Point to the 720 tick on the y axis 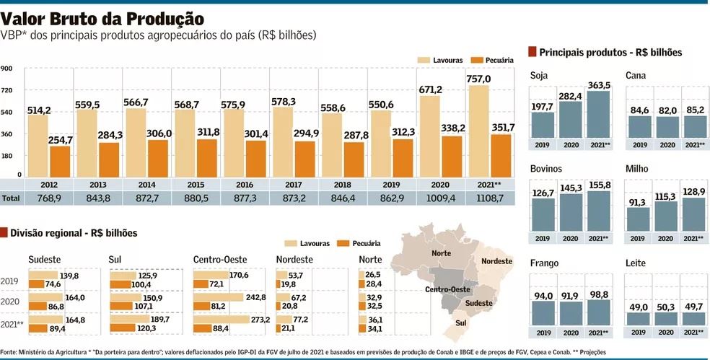(x=6, y=90)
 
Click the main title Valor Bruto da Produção (x=102, y=17)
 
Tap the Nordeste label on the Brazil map (x=496, y=260)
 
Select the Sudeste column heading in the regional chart (x=45, y=260)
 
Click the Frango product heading (x=544, y=263)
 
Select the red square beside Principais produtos (x=532, y=51)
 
